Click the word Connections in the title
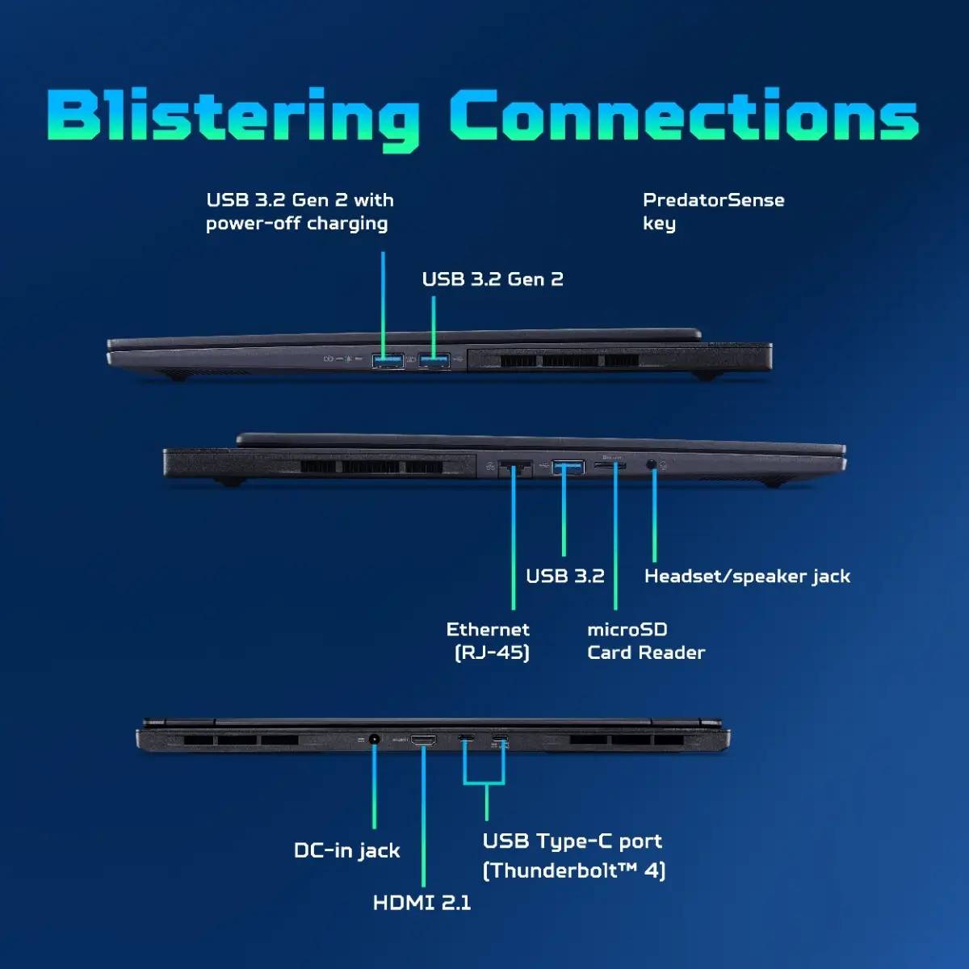(x=685, y=115)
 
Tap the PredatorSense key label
(x=713, y=212)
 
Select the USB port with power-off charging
(x=388, y=360)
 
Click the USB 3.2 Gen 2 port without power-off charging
(x=434, y=360)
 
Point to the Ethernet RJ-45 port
(x=514, y=468)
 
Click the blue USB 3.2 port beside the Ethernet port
(x=568, y=468)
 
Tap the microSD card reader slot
(x=610, y=466)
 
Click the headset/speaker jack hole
(x=651, y=464)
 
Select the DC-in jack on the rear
(x=374, y=739)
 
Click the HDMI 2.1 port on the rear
(x=423, y=740)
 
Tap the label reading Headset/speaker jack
(x=747, y=577)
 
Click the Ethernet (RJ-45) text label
(x=489, y=640)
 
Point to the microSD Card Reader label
(x=646, y=640)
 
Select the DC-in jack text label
(x=347, y=851)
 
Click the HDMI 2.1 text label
(x=422, y=903)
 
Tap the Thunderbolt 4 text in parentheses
(x=574, y=870)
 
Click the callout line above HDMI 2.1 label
(x=423, y=816)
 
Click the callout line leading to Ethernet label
(x=514, y=539)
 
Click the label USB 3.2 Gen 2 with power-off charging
(x=300, y=212)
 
